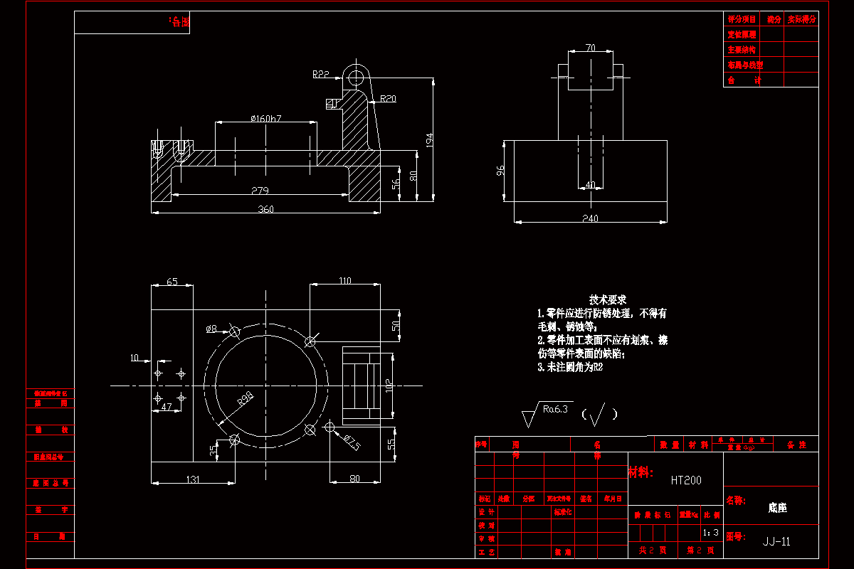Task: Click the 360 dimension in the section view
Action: [x=265, y=208]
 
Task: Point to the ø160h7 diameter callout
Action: [x=266, y=118]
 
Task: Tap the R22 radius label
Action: [x=320, y=74]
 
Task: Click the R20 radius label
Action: [x=388, y=99]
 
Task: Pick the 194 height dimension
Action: [x=428, y=139]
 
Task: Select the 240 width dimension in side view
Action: [x=590, y=218]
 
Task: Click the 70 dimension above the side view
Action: [x=590, y=48]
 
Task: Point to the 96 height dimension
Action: [x=500, y=171]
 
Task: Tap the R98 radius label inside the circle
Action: [x=246, y=398]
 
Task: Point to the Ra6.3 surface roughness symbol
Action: [x=555, y=409]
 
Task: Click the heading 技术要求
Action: [x=607, y=299]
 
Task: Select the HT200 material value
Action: [x=686, y=480]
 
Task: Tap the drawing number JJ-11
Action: [x=776, y=541]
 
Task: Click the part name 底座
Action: [x=777, y=508]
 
